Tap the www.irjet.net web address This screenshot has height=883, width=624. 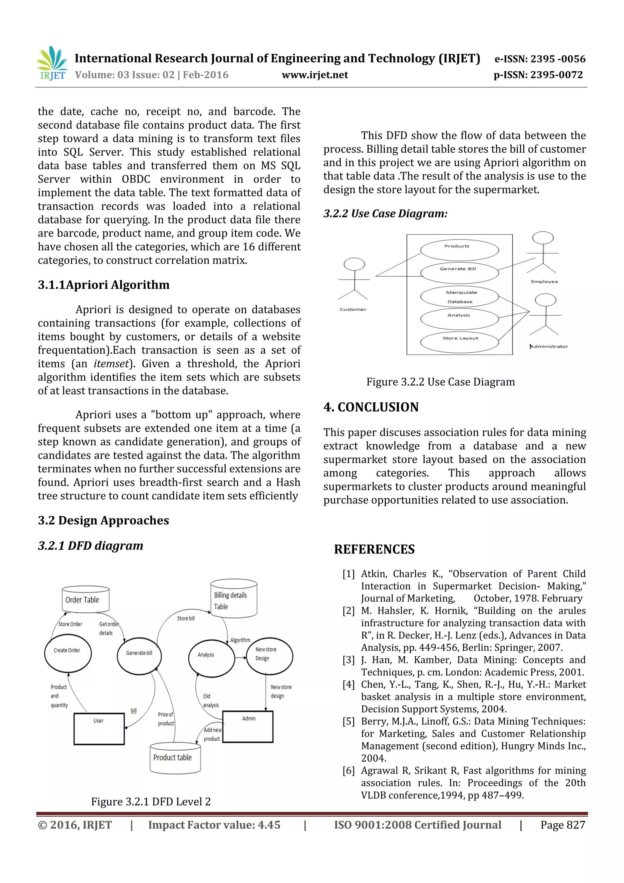point(314,75)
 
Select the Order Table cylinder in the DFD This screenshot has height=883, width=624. point(85,599)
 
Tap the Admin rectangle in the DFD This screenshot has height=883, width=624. point(248,726)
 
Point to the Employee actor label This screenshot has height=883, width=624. point(544,282)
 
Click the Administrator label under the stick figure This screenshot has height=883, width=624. point(549,347)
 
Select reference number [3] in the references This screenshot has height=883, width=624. point(348,660)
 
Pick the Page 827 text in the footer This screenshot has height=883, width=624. point(562,825)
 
